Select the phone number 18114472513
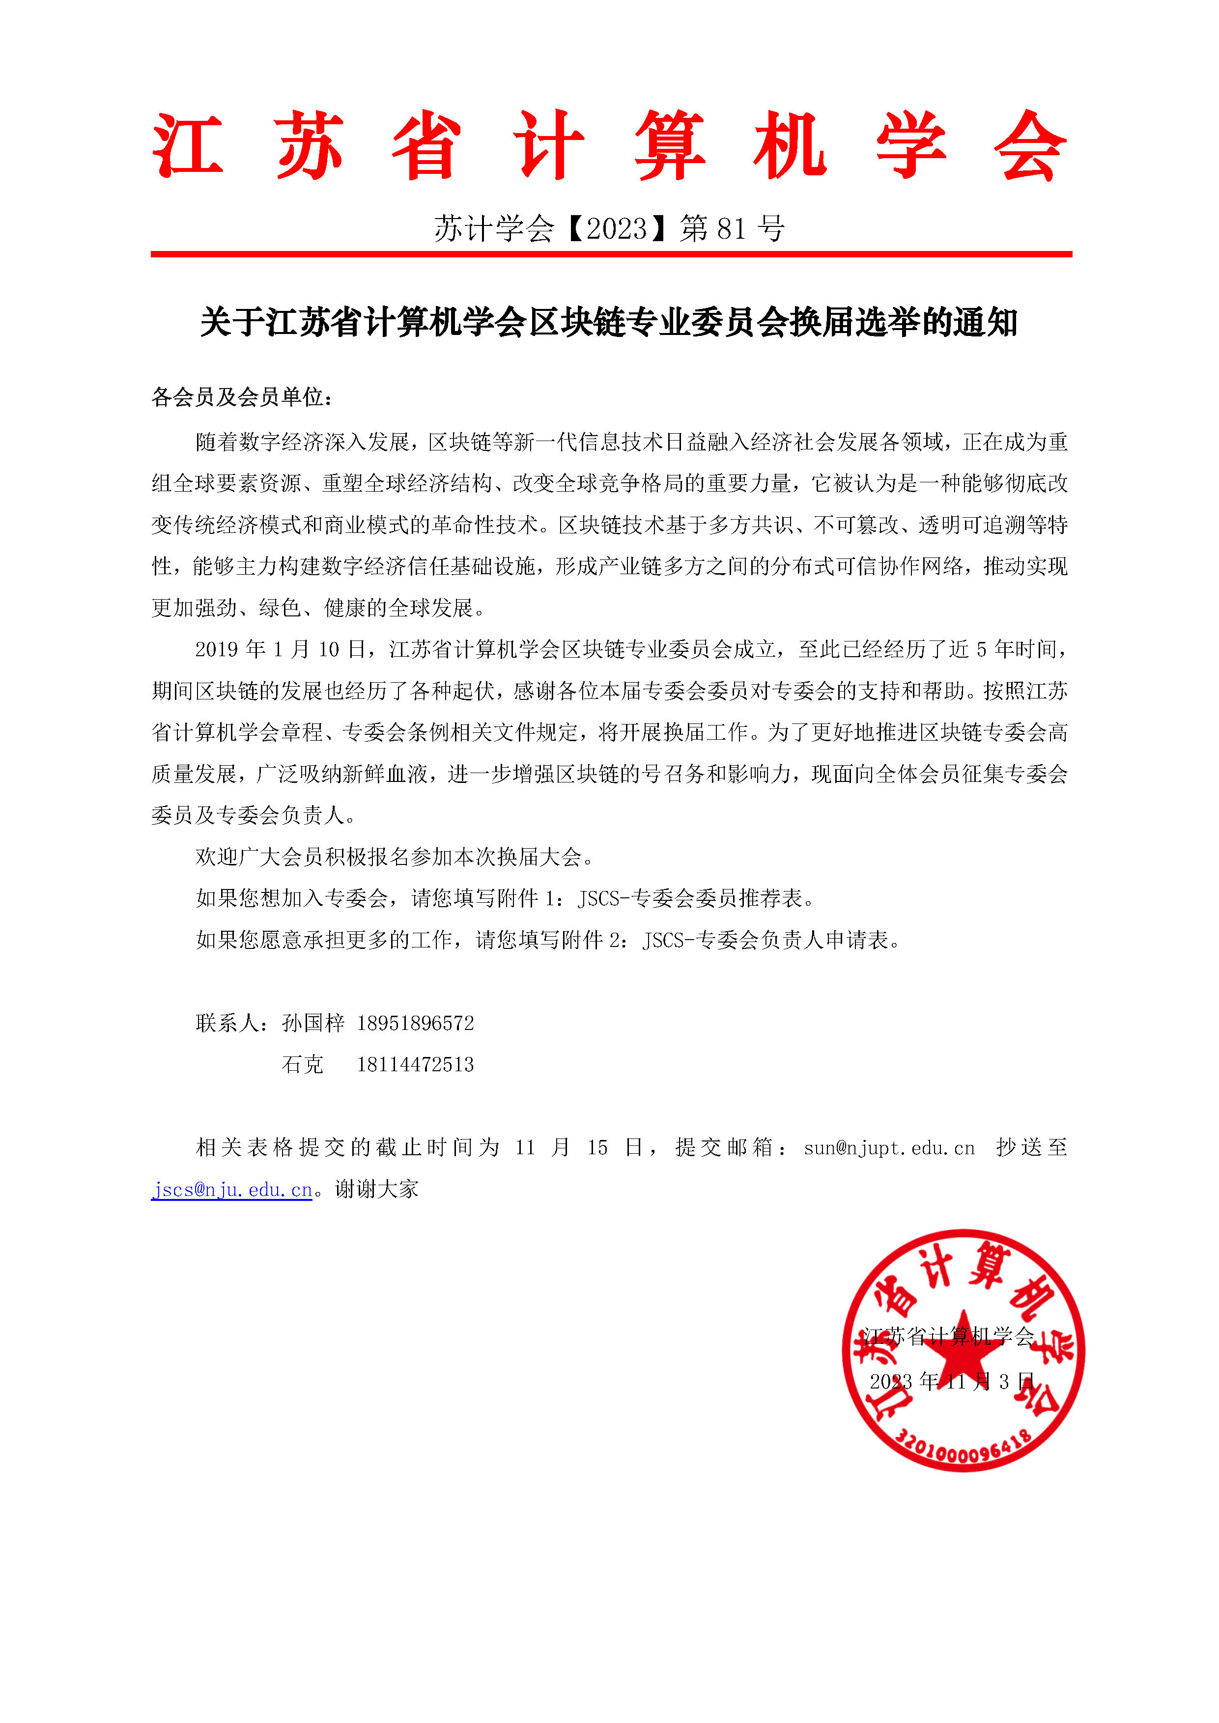pos(415,1065)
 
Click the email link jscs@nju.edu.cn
pos(232,1190)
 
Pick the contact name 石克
pos(303,1065)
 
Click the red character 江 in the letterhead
pos(188,146)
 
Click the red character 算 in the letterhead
pos(670,146)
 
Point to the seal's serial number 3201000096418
pos(964,1450)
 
